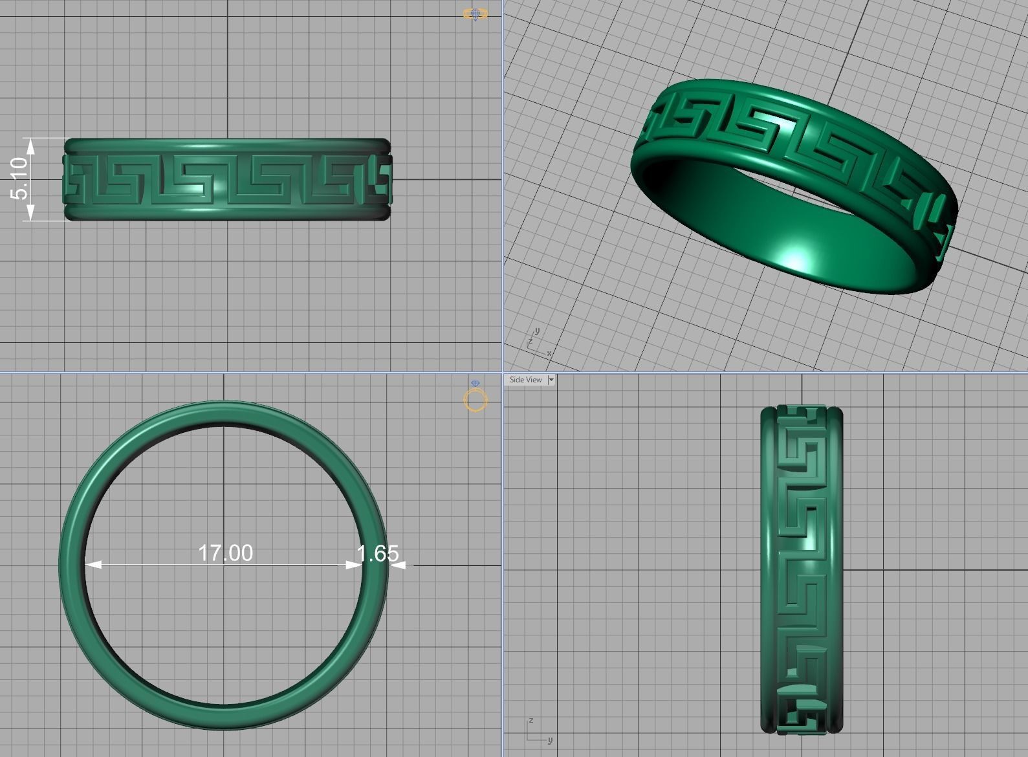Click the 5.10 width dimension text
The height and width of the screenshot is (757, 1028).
click(x=19, y=178)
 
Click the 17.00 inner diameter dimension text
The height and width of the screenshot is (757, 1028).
click(x=225, y=553)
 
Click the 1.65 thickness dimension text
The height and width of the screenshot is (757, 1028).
click(x=377, y=553)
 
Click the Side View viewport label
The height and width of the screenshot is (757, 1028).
click(x=525, y=380)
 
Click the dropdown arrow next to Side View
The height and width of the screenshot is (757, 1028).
click(x=551, y=380)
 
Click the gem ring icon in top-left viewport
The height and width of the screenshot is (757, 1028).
click(x=476, y=14)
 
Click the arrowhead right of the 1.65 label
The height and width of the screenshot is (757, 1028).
click(x=397, y=565)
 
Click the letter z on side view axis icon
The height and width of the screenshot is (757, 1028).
click(x=531, y=720)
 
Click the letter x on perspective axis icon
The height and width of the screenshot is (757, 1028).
click(x=549, y=353)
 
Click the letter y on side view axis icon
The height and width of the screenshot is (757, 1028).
click(x=550, y=740)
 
